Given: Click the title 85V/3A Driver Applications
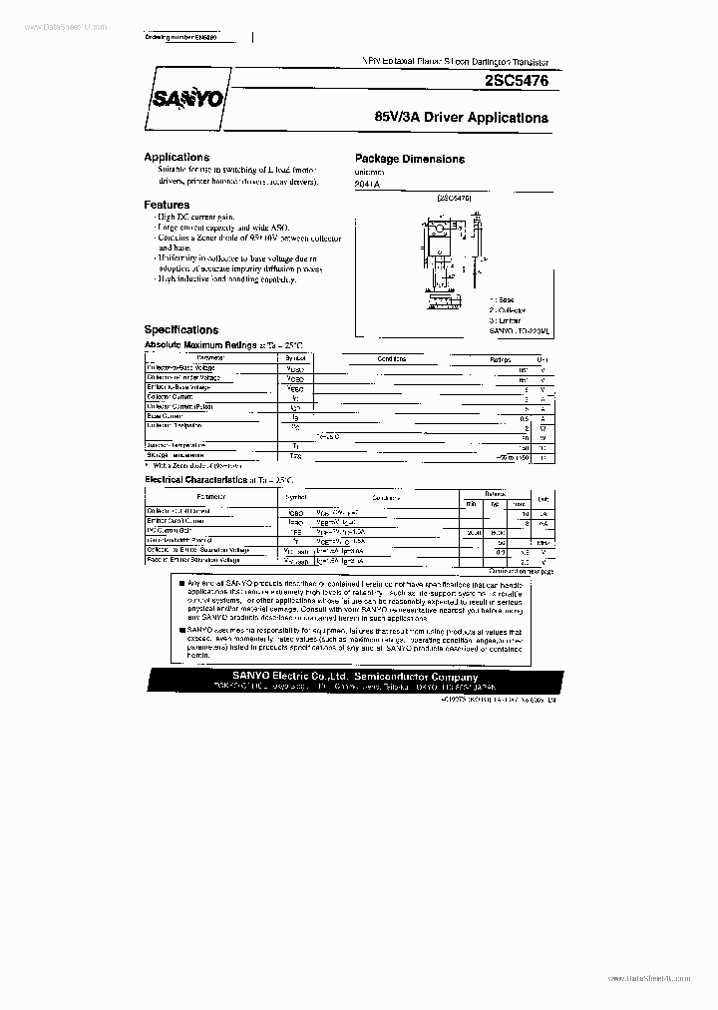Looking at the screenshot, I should tap(461, 118).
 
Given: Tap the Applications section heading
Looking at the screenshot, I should tap(177, 158).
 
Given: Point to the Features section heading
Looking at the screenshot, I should tap(167, 205).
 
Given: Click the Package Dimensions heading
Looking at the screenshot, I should tap(409, 159).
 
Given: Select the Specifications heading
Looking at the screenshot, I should tap(180, 329).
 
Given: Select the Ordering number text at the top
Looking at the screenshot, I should tap(179, 38).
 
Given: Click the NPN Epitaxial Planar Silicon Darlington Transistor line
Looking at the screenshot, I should tap(456, 62).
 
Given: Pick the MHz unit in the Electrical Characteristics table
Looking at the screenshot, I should tap(543, 542).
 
